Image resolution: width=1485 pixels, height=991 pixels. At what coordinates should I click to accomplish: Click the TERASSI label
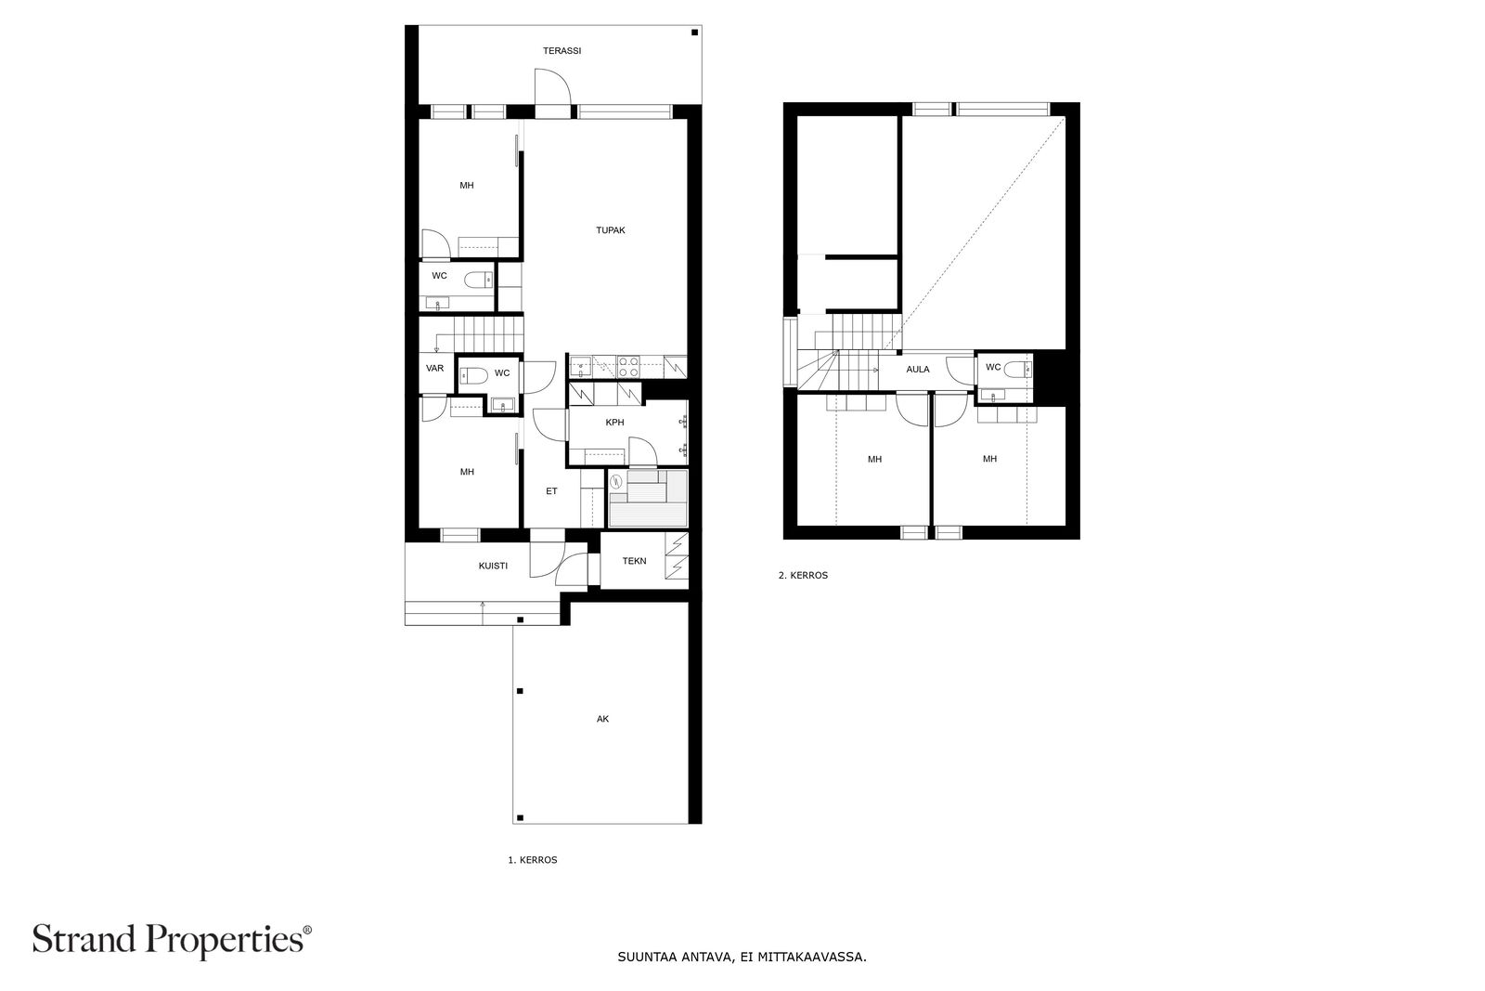pyautogui.click(x=562, y=50)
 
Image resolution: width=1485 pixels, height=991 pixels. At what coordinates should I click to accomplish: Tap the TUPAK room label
pyautogui.click(x=610, y=230)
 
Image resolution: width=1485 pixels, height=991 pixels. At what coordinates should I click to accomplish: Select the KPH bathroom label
pyautogui.click(x=614, y=423)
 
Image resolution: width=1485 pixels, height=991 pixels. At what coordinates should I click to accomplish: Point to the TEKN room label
pyautogui.click(x=634, y=561)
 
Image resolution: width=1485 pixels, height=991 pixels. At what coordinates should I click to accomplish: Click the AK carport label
pyautogui.click(x=602, y=719)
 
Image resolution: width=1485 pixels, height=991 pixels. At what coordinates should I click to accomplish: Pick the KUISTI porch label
pyautogui.click(x=493, y=566)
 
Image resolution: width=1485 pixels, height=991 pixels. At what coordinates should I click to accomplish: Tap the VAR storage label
pyautogui.click(x=435, y=368)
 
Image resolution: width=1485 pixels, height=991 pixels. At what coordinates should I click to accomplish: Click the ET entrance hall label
pyautogui.click(x=551, y=491)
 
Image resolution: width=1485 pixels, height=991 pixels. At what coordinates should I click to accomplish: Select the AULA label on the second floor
pyautogui.click(x=918, y=370)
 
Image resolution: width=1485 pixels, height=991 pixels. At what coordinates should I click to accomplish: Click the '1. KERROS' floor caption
pyautogui.click(x=533, y=860)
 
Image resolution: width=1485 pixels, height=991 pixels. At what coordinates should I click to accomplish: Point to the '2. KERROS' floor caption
pyautogui.click(x=803, y=576)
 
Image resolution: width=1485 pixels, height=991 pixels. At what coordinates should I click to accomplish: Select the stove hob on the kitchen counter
pyautogui.click(x=627, y=367)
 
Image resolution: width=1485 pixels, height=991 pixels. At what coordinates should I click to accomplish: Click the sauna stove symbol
pyautogui.click(x=616, y=481)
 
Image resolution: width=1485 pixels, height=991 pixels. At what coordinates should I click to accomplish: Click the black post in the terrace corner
pyautogui.click(x=695, y=33)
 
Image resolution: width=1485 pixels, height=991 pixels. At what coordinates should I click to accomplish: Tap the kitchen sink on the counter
pyautogui.click(x=581, y=367)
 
